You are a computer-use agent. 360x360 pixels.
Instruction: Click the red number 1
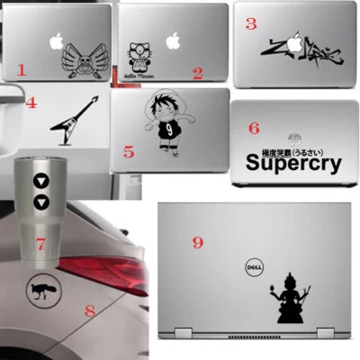[22, 68]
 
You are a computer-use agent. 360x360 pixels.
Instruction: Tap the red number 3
[251, 24]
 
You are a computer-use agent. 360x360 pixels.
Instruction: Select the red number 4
[31, 103]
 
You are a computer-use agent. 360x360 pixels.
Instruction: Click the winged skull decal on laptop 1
[82, 62]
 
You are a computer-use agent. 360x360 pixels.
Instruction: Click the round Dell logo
[253, 267]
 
